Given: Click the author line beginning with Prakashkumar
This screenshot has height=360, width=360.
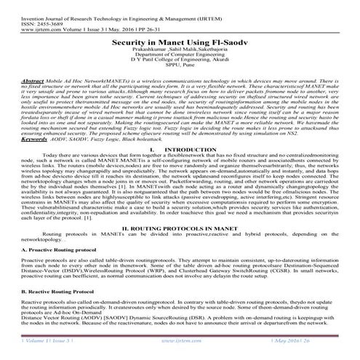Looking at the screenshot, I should pos(179,53).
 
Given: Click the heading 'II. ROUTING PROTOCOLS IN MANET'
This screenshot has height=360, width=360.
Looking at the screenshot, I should pos(179,228).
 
